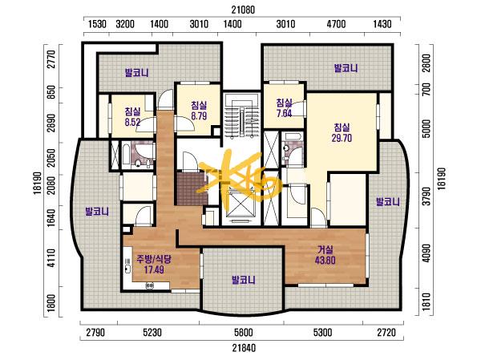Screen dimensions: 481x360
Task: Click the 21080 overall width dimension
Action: pos(243,10)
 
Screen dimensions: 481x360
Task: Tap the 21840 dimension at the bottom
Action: pos(244,348)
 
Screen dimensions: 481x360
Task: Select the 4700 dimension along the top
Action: pos(336,24)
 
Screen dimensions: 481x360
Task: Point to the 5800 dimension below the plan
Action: pos(244,333)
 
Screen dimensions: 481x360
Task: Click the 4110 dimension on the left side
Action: pos(51,258)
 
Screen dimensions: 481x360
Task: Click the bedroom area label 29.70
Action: pos(342,139)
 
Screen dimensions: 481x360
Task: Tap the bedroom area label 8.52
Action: pos(132,122)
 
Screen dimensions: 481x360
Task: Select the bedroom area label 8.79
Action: pos(199,116)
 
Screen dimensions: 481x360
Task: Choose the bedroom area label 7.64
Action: pos(284,113)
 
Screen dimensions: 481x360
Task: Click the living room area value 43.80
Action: pos(325,261)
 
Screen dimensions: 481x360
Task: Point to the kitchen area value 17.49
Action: pos(154,269)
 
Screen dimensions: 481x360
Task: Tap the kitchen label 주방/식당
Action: pos(154,260)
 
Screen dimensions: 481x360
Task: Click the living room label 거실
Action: pos(325,250)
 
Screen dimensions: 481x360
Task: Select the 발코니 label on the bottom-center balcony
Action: pos(244,280)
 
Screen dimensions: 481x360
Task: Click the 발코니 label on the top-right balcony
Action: pos(346,68)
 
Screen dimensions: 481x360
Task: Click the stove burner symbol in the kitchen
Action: pos(150,285)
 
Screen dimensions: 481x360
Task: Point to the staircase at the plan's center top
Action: pos(241,115)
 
